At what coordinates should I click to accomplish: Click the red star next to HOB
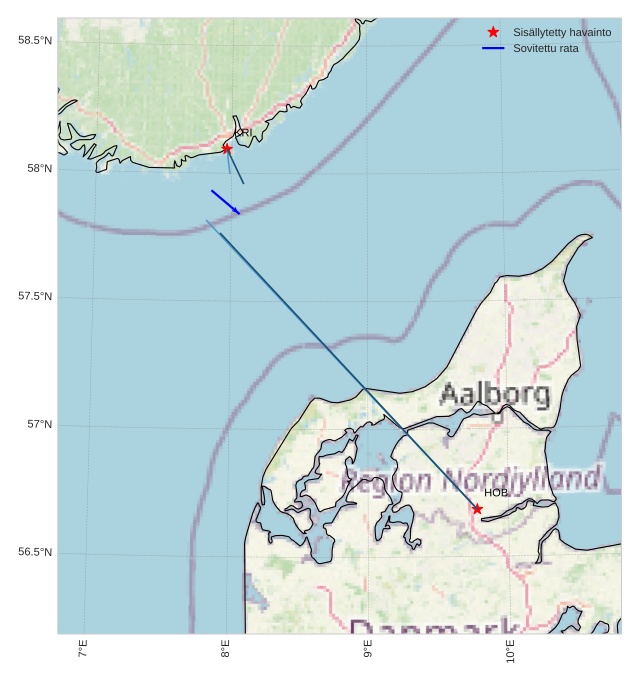[477, 509]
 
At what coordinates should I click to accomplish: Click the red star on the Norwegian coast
[227, 148]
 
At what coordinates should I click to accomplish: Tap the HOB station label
[496, 493]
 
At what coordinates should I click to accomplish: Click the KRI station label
[243, 132]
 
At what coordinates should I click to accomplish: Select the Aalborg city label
[495, 394]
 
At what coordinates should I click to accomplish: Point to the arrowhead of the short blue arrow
[238, 213]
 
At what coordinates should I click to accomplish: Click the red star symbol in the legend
[493, 32]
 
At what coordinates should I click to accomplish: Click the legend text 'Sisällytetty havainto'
[562, 32]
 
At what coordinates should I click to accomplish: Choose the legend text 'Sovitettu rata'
[545, 48]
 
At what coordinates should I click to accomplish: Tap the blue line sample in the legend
[493, 48]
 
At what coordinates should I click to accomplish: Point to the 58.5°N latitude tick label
[35, 40]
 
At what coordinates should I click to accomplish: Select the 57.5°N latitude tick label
[35, 297]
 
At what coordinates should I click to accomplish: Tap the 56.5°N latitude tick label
[35, 553]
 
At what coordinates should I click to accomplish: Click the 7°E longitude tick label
[83, 651]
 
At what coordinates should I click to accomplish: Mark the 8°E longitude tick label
[226, 651]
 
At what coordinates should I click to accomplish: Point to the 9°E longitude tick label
[368, 651]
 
